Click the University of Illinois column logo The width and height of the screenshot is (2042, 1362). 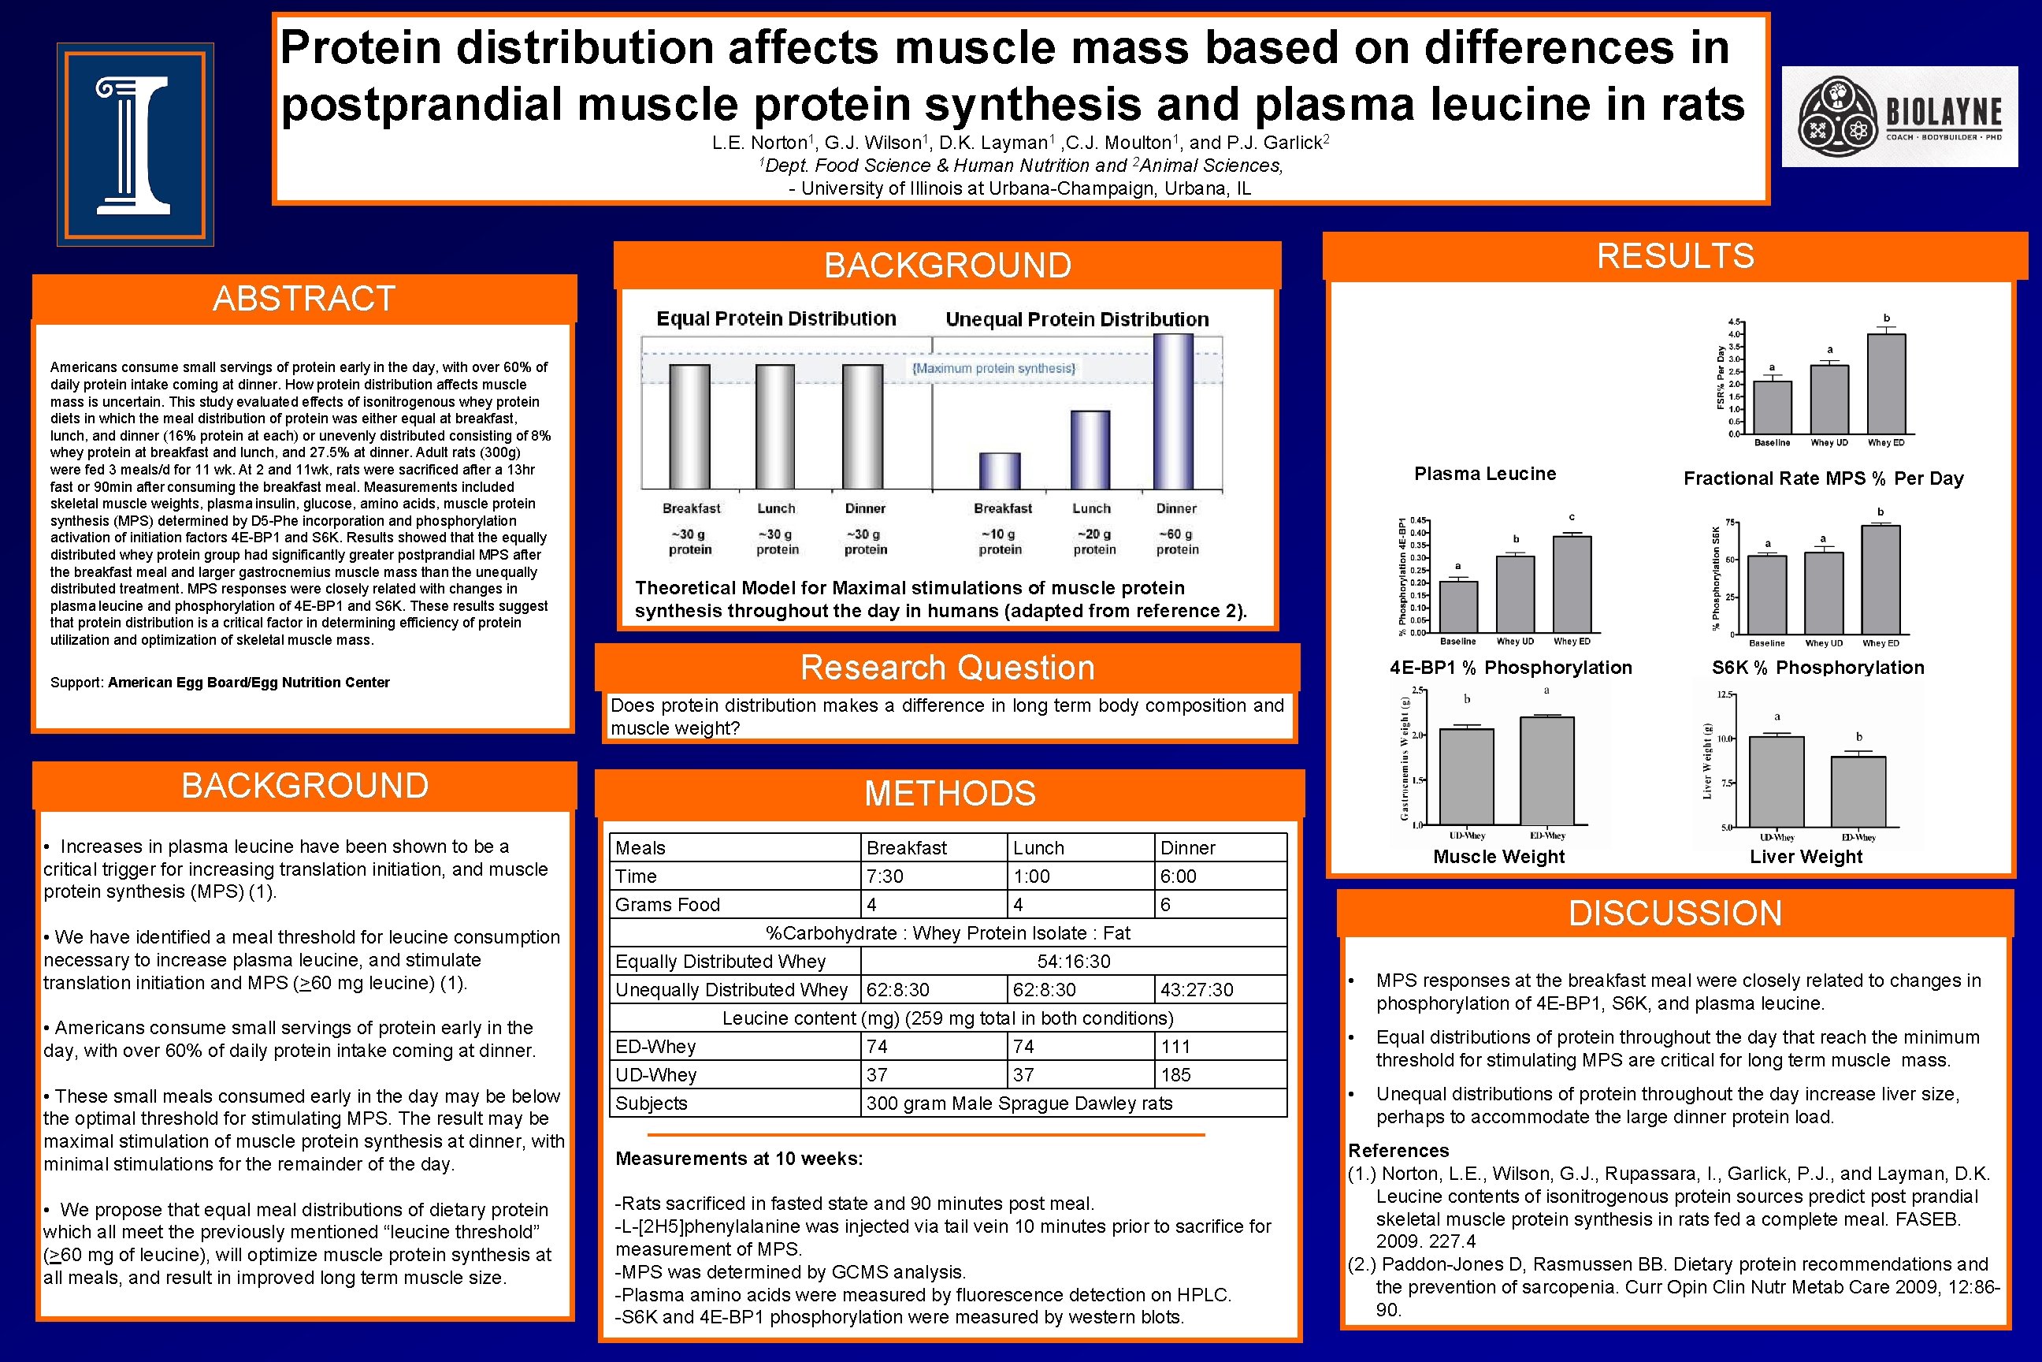135,144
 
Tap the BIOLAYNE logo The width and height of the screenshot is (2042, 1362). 1899,117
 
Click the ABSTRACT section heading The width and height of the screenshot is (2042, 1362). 304,299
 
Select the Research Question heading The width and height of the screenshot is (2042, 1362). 946,667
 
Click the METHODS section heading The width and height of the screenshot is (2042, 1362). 949,793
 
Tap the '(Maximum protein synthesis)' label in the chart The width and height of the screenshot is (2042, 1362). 993,368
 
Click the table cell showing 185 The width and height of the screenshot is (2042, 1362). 1175,1074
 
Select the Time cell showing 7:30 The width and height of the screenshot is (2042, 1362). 884,876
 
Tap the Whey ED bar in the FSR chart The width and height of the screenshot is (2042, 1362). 1886,384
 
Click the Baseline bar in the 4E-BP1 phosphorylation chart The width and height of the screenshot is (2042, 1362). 1457,606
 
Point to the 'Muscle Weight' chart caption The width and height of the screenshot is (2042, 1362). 1498,857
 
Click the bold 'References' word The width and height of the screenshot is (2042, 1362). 1398,1150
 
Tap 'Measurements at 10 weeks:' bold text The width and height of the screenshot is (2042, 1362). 739,1158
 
